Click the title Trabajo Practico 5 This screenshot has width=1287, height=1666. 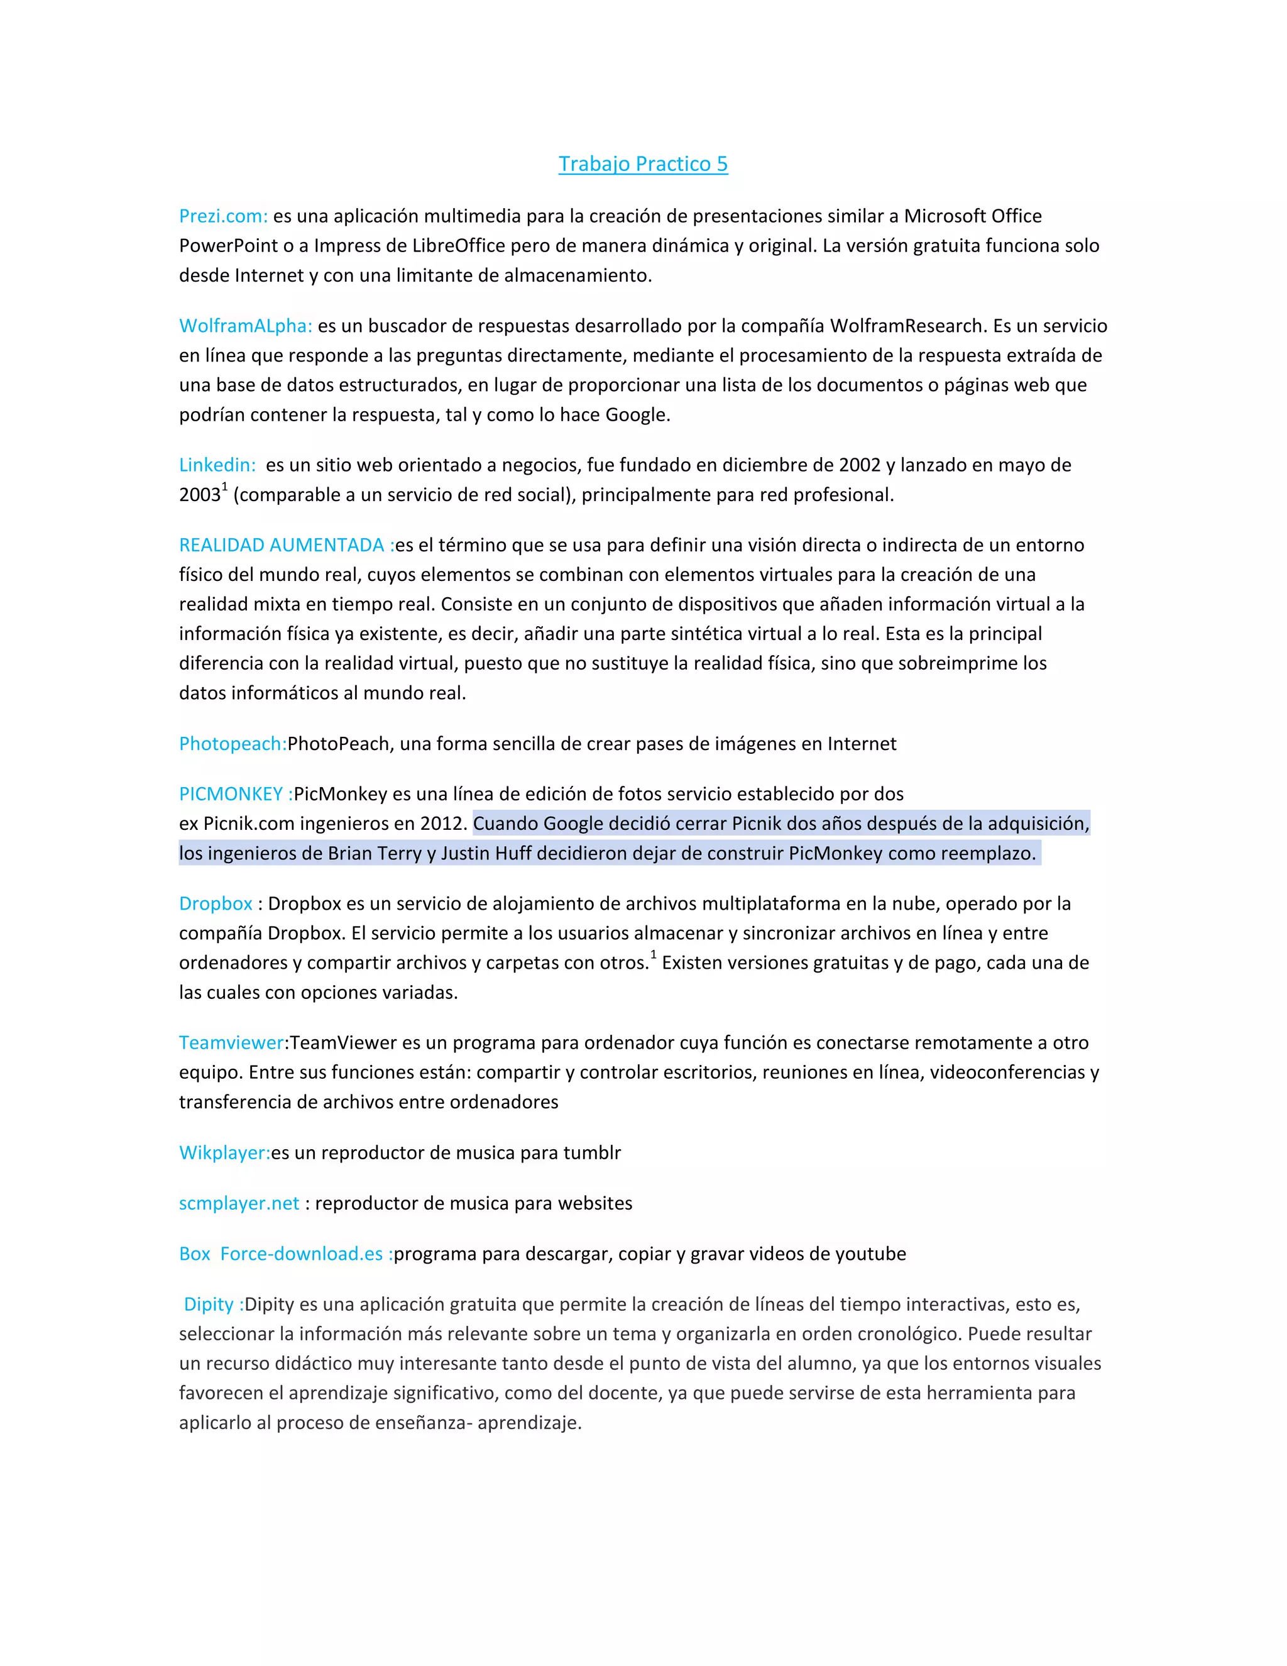click(x=643, y=164)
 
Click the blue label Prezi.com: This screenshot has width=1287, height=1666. click(x=222, y=216)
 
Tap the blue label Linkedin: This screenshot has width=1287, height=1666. click(x=217, y=465)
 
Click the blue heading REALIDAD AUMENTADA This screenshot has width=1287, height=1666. click(x=282, y=544)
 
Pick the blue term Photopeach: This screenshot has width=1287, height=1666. click(x=233, y=744)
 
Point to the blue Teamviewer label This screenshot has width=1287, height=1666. click(x=231, y=1043)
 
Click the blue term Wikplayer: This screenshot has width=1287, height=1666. click(x=224, y=1152)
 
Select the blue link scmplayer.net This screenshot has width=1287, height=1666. click(x=239, y=1203)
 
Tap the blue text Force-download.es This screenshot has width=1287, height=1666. click(x=301, y=1254)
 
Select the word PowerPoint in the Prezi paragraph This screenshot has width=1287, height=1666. click(x=229, y=246)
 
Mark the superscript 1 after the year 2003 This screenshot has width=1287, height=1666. click(x=224, y=487)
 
